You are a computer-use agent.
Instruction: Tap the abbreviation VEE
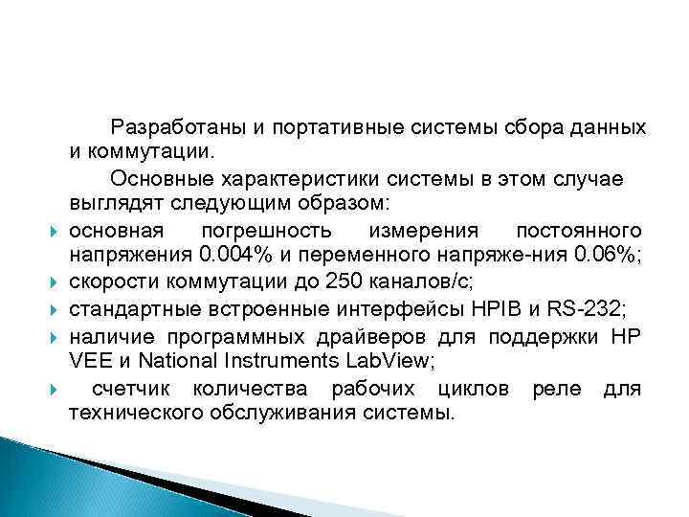[88, 361]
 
